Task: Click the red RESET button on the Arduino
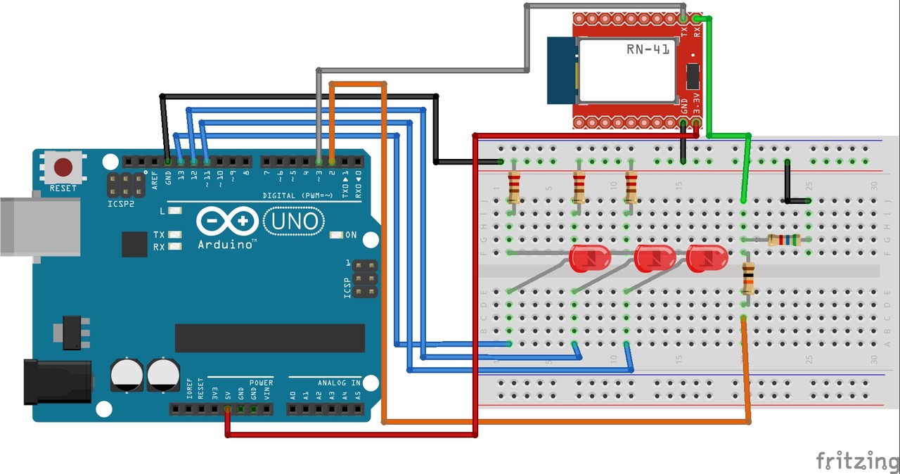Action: point(63,167)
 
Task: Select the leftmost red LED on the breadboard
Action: point(589,258)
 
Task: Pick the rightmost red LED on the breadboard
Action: point(708,258)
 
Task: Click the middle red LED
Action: point(655,258)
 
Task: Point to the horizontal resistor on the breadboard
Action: point(783,240)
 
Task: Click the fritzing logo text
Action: point(857,461)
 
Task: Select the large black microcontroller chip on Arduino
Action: point(269,338)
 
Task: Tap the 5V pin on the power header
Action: point(227,409)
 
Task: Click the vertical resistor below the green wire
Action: point(748,278)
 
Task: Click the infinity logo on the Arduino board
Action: point(227,222)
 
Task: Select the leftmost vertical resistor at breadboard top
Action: point(514,186)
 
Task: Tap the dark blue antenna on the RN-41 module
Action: point(562,70)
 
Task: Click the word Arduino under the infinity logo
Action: point(226,245)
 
